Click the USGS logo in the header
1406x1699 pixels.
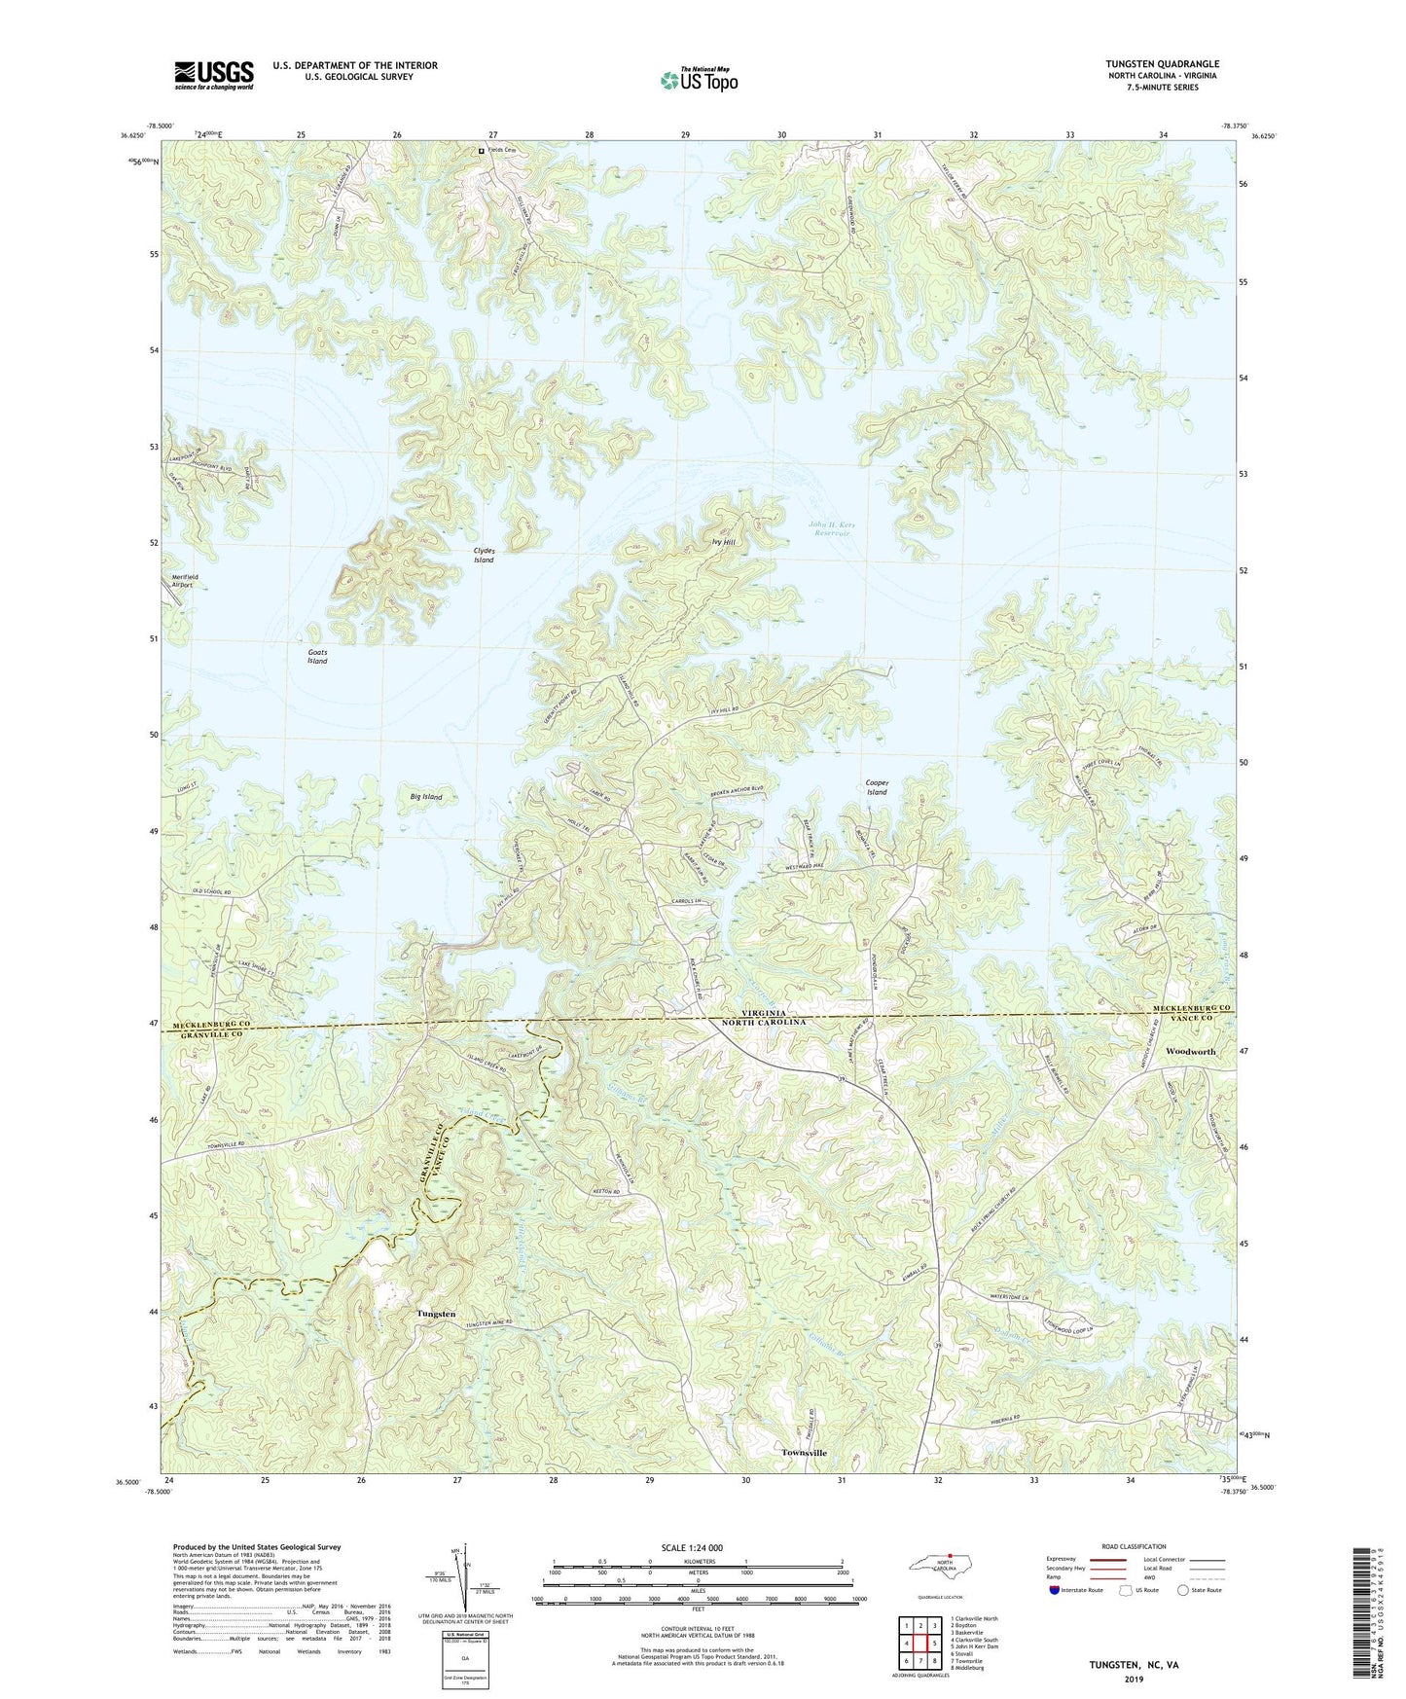click(x=214, y=75)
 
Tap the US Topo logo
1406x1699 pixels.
click(x=699, y=80)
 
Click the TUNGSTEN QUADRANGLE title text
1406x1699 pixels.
click(x=1148, y=63)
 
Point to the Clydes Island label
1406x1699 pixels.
click(x=484, y=556)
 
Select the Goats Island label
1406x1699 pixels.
click(x=317, y=657)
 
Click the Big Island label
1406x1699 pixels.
click(x=426, y=797)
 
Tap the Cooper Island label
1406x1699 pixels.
click(x=877, y=787)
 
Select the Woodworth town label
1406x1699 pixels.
click(x=1190, y=1052)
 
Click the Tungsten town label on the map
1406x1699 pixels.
click(x=436, y=1314)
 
